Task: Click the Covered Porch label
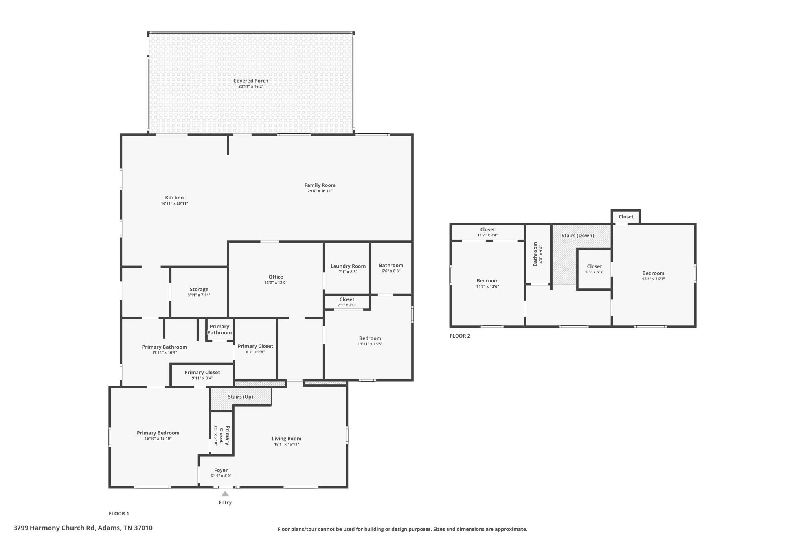pyautogui.click(x=251, y=81)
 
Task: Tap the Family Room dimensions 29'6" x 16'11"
pyautogui.click(x=320, y=191)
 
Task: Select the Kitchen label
pyautogui.click(x=174, y=198)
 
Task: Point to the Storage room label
pyautogui.click(x=199, y=290)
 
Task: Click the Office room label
pyautogui.click(x=276, y=277)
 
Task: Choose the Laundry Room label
pyautogui.click(x=348, y=266)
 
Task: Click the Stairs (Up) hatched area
pyautogui.click(x=240, y=397)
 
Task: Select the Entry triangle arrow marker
pyautogui.click(x=225, y=494)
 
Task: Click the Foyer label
pyautogui.click(x=221, y=470)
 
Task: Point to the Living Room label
pyautogui.click(x=286, y=439)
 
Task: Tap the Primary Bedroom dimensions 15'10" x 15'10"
pyautogui.click(x=158, y=438)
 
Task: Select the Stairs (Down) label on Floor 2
pyautogui.click(x=577, y=236)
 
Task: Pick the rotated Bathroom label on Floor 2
pyautogui.click(x=535, y=254)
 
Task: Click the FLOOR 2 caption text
pyautogui.click(x=459, y=336)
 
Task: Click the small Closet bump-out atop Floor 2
pyautogui.click(x=626, y=217)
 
